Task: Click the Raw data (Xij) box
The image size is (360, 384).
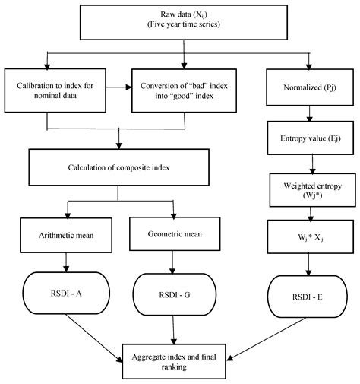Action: (x=181, y=20)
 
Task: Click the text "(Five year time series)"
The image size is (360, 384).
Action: (x=181, y=26)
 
